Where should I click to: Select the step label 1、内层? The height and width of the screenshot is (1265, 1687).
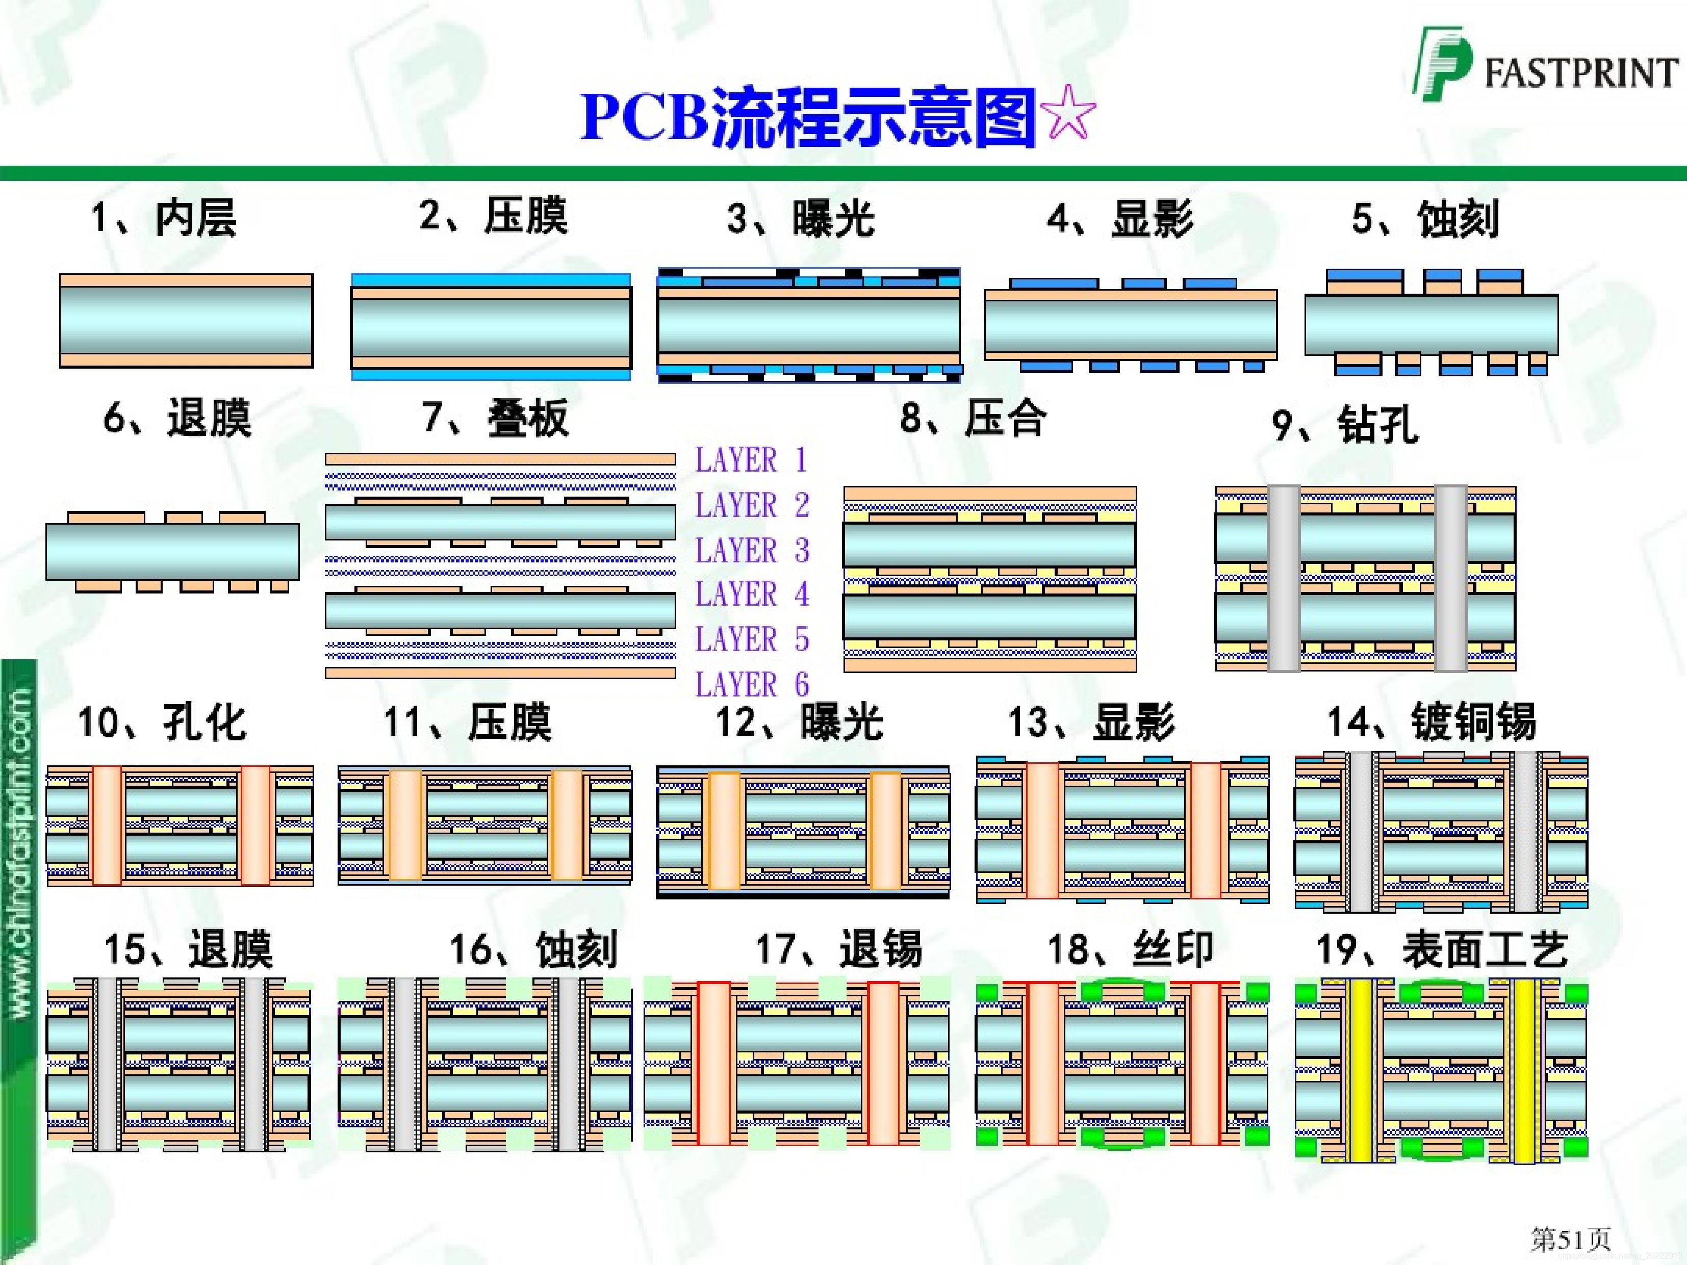pos(164,219)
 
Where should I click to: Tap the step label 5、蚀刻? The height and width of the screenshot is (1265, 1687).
pos(1425,219)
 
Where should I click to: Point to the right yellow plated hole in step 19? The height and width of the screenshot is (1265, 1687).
pos(1524,1071)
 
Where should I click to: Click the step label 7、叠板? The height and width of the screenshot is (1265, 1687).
pos(496,419)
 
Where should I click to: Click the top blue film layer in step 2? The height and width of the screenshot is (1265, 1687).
pos(491,280)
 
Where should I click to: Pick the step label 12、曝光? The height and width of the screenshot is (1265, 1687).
pos(799,721)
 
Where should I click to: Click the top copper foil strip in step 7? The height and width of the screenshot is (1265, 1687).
pos(500,459)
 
